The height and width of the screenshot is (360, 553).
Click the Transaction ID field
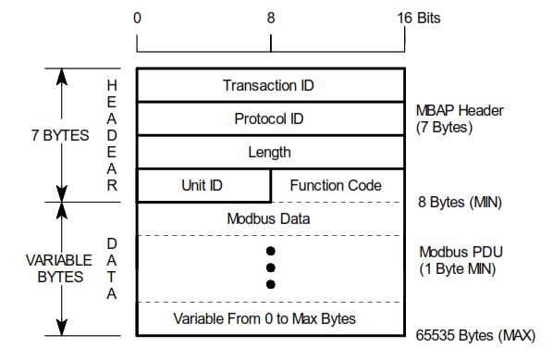[269, 85]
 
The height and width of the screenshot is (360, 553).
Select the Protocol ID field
[269, 118]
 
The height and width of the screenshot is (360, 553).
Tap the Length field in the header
[269, 152]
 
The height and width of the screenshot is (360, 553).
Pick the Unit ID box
[203, 185]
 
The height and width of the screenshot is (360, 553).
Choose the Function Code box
[336, 185]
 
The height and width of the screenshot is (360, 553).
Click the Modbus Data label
[269, 219]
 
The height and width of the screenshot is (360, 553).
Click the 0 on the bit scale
[137, 18]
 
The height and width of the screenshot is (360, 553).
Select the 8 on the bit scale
[270, 18]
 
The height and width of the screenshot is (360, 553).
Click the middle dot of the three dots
[270, 267]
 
